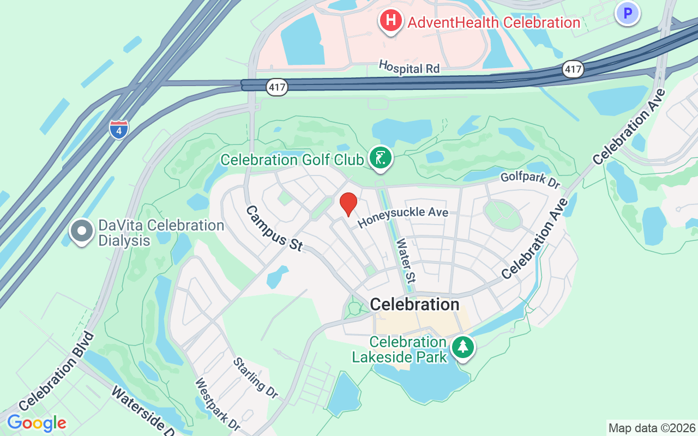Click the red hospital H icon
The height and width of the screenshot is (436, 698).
click(390, 21)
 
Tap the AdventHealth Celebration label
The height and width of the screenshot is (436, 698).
click(494, 23)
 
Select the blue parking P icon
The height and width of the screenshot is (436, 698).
click(627, 14)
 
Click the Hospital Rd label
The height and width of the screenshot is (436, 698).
click(409, 68)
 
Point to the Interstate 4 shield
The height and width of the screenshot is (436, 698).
click(119, 130)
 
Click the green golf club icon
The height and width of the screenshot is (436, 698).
click(380, 158)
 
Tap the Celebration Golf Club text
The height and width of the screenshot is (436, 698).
click(292, 160)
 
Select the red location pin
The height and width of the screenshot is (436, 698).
click(348, 204)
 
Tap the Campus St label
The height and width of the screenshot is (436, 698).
click(274, 228)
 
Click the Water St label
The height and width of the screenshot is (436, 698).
click(405, 261)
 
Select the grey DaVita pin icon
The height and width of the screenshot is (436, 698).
click(82, 231)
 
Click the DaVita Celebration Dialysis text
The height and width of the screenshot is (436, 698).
click(161, 233)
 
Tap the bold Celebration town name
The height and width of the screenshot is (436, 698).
click(414, 304)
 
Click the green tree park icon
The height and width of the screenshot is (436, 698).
click(463, 347)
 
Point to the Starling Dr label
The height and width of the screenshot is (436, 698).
click(256, 378)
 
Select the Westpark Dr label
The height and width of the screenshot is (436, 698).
click(218, 403)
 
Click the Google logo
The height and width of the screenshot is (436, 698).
click(37, 423)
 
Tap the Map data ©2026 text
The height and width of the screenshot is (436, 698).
click(652, 428)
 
